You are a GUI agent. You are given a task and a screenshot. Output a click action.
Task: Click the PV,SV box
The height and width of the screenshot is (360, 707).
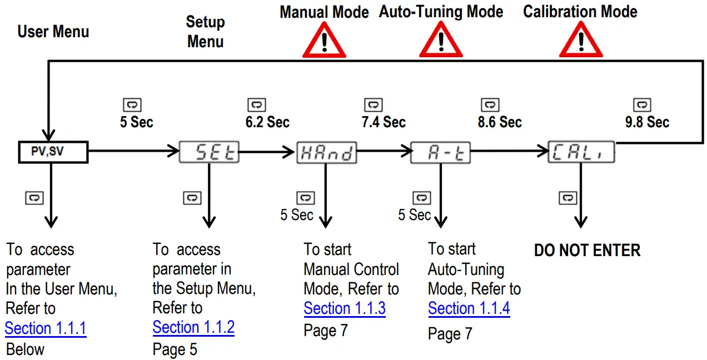[53, 152]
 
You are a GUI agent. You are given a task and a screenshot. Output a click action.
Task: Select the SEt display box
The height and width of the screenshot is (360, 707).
[209, 152]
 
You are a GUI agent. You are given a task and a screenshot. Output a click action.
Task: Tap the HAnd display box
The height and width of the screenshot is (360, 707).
[326, 152]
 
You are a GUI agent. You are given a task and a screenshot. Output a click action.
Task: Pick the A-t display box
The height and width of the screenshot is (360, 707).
[440, 152]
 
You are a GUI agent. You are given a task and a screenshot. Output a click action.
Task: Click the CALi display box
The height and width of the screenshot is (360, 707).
[582, 152]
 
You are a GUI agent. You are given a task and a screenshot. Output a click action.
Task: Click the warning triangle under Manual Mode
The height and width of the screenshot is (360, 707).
[324, 42]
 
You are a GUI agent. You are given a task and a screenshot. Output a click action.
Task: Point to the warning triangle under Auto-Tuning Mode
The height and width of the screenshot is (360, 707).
[441, 42]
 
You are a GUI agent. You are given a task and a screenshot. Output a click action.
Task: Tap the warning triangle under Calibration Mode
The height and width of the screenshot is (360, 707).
[580, 42]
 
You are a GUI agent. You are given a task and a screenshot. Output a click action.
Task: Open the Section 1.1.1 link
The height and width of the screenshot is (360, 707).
[46, 328]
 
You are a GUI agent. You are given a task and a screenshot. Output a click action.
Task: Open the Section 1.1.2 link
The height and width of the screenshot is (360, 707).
[193, 327]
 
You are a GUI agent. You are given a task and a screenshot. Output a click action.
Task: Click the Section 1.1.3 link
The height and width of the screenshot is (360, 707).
[345, 308]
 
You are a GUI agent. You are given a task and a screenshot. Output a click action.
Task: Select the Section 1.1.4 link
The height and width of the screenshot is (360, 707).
[469, 308]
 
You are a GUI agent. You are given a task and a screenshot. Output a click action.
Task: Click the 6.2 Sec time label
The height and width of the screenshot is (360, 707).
[267, 122]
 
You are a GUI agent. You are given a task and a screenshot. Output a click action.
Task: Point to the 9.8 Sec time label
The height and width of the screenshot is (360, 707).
[647, 122]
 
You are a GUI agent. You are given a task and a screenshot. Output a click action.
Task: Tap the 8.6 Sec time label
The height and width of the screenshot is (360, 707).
[500, 122]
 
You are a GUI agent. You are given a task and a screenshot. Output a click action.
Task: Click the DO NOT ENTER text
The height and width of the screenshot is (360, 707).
[587, 250]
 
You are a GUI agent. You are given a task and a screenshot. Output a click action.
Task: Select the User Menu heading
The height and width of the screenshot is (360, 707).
[53, 32]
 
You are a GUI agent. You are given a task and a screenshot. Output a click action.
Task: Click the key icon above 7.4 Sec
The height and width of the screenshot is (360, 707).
[373, 104]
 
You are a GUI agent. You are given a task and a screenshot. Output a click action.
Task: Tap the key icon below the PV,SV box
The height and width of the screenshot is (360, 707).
[34, 197]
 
